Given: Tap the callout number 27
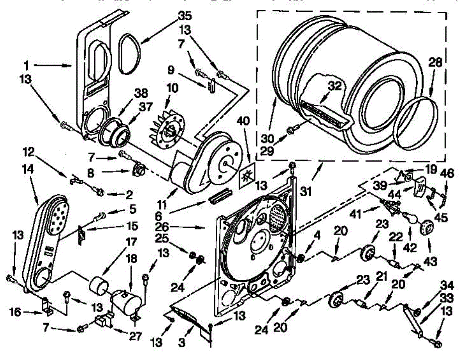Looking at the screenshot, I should pos(135,335).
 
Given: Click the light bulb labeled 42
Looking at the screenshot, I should pos(408,217).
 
